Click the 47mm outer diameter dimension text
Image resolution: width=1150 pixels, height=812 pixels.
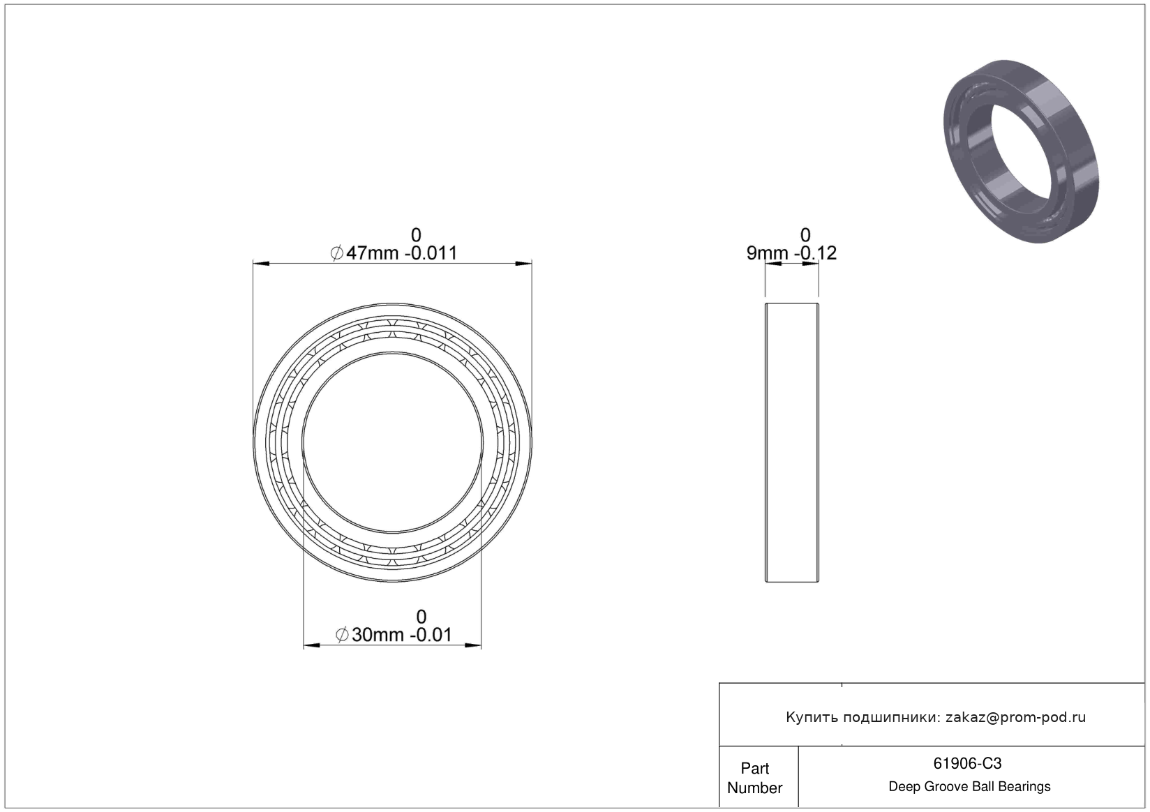[x=401, y=253]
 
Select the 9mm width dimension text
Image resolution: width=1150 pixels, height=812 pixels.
[x=791, y=253]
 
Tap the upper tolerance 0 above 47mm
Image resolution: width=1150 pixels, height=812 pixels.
[x=416, y=235]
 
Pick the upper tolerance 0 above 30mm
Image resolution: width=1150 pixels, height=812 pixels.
[x=421, y=617]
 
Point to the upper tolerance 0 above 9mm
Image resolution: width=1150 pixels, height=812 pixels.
[x=805, y=235]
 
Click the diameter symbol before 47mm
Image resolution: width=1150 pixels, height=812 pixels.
[x=337, y=253]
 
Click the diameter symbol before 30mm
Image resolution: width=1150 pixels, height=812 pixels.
[x=343, y=635]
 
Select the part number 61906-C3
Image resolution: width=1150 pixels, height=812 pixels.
[x=967, y=764]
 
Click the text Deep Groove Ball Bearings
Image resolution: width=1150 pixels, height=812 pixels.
[x=969, y=786]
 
